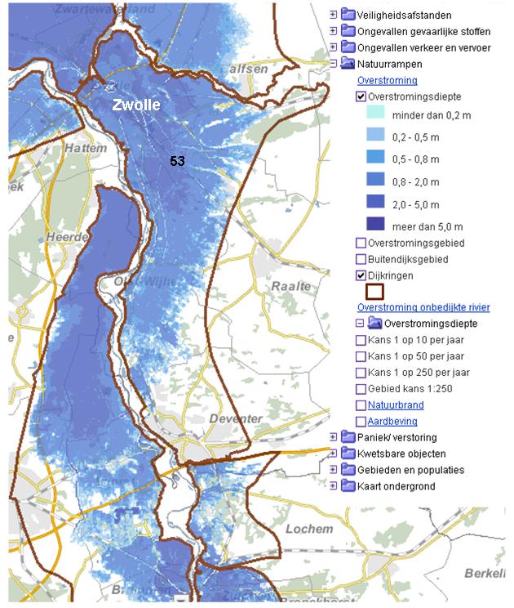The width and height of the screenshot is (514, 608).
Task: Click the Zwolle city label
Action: (136, 105)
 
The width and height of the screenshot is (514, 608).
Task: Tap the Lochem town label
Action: (309, 529)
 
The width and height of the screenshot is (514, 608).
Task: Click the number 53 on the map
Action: (177, 161)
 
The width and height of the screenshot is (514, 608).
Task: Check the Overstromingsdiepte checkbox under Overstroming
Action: (361, 96)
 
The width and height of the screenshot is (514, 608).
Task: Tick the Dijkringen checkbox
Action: (361, 275)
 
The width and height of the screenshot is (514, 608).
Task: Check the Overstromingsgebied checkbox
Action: (361, 243)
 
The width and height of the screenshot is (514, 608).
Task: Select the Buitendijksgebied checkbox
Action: (361, 259)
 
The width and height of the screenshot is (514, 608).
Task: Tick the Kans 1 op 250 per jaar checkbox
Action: (361, 373)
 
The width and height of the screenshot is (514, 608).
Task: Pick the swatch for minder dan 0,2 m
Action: (371, 115)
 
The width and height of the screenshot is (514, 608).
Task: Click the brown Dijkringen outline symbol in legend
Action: (374, 292)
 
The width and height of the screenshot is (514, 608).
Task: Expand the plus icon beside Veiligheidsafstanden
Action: (333, 15)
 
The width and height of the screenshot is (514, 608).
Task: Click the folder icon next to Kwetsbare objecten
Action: (348, 454)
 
